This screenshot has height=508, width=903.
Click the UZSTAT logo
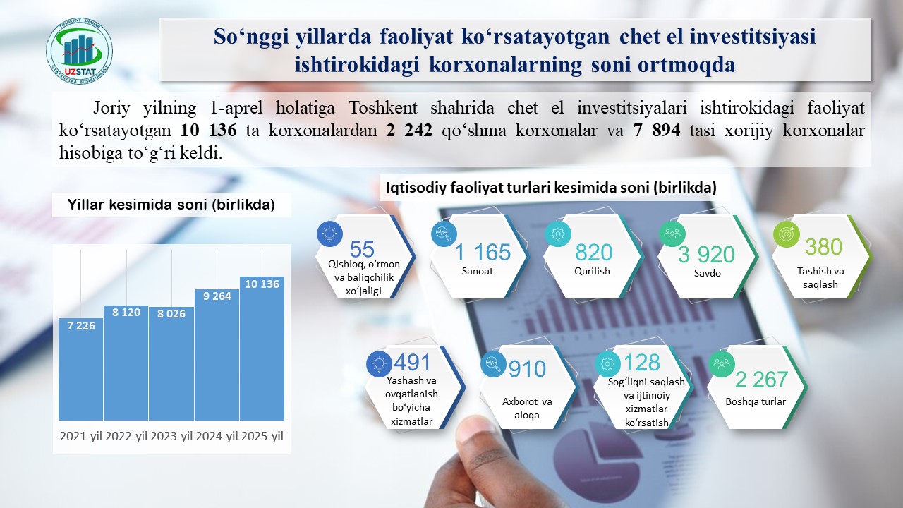click(x=80, y=51)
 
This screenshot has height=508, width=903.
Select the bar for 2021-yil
click(x=80, y=369)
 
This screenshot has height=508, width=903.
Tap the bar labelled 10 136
click(x=262, y=349)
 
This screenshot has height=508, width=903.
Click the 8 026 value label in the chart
click(x=171, y=314)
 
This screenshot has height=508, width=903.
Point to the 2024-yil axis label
click(x=217, y=436)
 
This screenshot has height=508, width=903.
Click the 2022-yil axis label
click(x=126, y=436)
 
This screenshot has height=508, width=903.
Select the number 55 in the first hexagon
click(x=362, y=249)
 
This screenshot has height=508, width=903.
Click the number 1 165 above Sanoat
click(x=483, y=253)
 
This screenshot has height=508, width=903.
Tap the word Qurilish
click(x=592, y=271)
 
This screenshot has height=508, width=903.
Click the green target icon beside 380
click(x=787, y=234)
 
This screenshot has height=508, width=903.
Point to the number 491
click(x=413, y=362)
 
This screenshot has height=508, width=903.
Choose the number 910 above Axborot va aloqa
click(x=527, y=369)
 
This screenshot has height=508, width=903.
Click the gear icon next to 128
click(x=607, y=364)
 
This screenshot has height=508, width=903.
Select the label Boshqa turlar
click(x=756, y=401)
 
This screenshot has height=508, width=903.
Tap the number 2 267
click(x=761, y=380)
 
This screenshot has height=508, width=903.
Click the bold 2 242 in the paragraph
click(x=409, y=131)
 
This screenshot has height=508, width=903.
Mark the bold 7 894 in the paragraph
click(x=657, y=131)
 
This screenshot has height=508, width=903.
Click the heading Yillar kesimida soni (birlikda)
click(x=171, y=205)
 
